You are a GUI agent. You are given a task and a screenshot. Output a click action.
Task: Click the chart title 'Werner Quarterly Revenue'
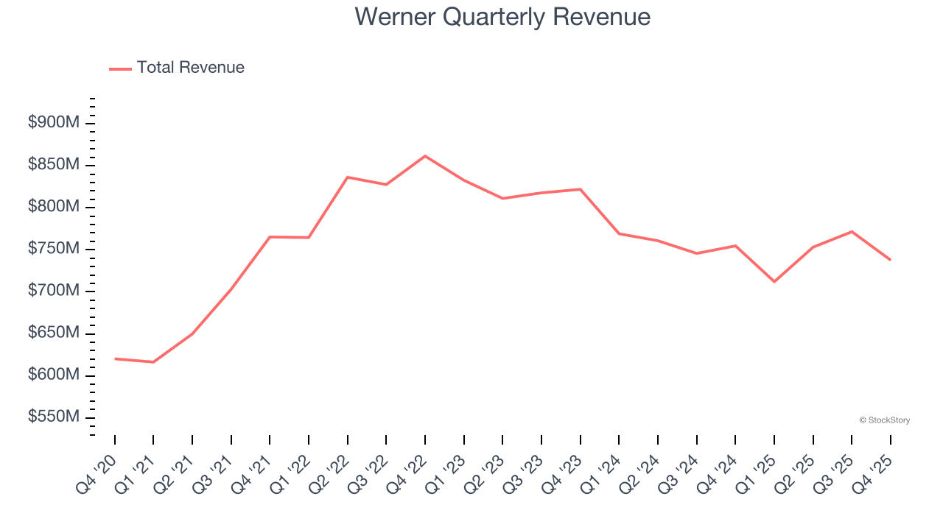pyautogui.click(x=502, y=17)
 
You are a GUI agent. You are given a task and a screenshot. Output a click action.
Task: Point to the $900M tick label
pyautogui.click(x=54, y=123)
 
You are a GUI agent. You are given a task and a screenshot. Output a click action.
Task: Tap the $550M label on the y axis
pyautogui.click(x=54, y=417)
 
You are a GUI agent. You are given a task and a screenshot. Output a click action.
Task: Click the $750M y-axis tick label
pyautogui.click(x=54, y=249)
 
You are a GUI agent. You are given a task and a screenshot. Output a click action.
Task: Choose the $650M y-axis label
pyautogui.click(x=54, y=333)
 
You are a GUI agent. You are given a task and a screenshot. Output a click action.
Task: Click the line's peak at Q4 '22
pyautogui.click(x=425, y=156)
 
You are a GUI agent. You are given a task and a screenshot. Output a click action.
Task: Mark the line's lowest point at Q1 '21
pyautogui.click(x=153, y=362)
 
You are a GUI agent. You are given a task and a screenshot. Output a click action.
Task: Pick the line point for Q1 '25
pyautogui.click(x=774, y=281)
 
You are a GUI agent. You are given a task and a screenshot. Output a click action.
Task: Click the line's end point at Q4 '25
pyautogui.click(x=890, y=259)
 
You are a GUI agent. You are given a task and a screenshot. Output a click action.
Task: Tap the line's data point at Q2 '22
pyautogui.click(x=348, y=177)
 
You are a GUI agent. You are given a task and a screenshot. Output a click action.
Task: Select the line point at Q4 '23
pyautogui.click(x=581, y=189)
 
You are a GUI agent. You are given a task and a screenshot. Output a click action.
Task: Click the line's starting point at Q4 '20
pyautogui.click(x=115, y=358)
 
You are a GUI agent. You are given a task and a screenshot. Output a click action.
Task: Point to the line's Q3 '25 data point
pyautogui.click(x=852, y=232)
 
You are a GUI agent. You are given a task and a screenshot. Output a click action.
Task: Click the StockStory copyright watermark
pyautogui.click(x=885, y=420)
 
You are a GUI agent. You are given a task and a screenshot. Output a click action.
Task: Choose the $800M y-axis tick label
pyautogui.click(x=54, y=207)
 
